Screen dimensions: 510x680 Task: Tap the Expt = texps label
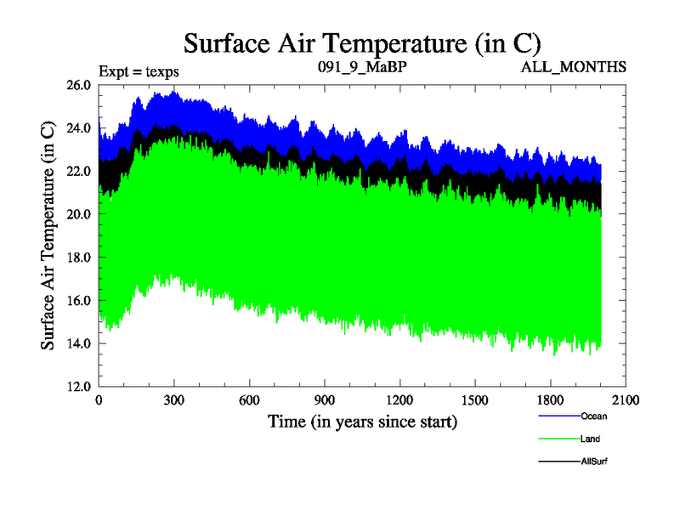point(139,71)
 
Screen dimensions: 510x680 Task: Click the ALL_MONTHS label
point(574,65)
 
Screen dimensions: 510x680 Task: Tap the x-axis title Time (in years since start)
point(362,422)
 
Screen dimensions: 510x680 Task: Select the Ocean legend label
point(594,416)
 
